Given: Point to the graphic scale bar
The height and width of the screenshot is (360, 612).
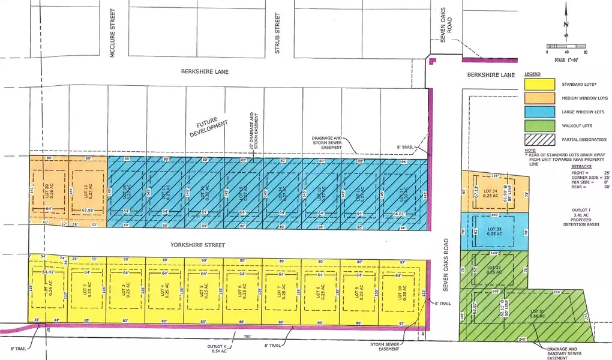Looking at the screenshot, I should [x=566, y=47].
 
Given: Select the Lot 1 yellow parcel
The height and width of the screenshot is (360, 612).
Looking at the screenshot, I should [x=47, y=291].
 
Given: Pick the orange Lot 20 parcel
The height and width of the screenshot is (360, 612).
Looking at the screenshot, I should [x=49, y=190].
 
